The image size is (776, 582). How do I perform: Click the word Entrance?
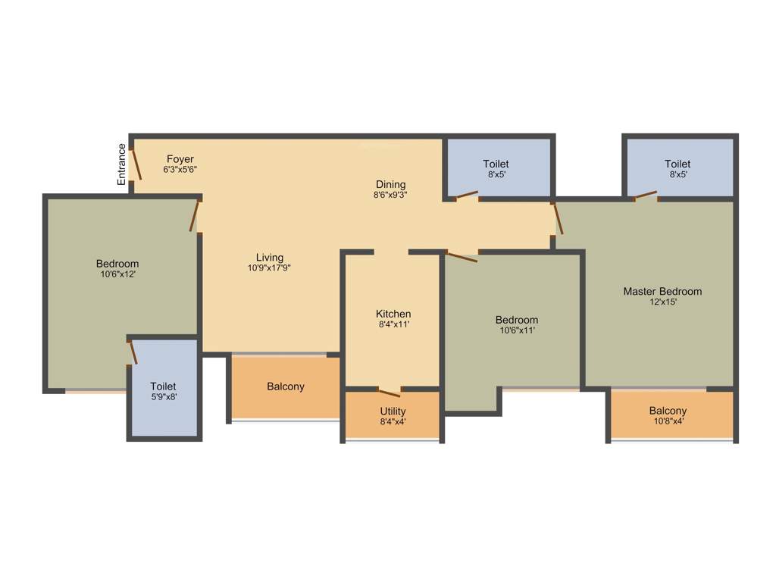coord(121,164)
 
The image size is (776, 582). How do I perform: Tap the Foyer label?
coord(180,159)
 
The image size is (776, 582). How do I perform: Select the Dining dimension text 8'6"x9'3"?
coord(390,195)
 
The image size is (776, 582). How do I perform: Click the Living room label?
coord(269,257)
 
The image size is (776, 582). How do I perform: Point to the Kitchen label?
coord(393,314)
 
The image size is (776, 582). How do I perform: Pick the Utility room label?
coord(393,411)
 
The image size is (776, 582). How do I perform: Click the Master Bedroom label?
coord(662,291)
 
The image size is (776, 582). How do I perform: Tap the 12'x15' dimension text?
coord(662,302)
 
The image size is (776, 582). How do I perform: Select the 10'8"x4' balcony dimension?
coord(667,421)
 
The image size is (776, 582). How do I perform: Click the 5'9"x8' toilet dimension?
coord(163,396)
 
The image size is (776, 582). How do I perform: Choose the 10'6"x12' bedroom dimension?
coord(117,274)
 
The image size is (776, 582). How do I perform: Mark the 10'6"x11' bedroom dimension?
coord(516,330)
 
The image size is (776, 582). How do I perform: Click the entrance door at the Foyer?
coord(137,163)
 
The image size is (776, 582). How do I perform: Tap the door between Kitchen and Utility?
coord(389,392)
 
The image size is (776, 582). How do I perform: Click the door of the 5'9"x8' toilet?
coord(133,352)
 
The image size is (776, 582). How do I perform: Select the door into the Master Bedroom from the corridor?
coord(559,217)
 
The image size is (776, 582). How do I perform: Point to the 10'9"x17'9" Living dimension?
coord(269,268)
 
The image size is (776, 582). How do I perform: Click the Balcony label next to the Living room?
coord(286,386)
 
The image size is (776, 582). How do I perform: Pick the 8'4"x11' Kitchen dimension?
coord(393,324)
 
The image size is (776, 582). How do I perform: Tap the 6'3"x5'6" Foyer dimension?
coord(180,170)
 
